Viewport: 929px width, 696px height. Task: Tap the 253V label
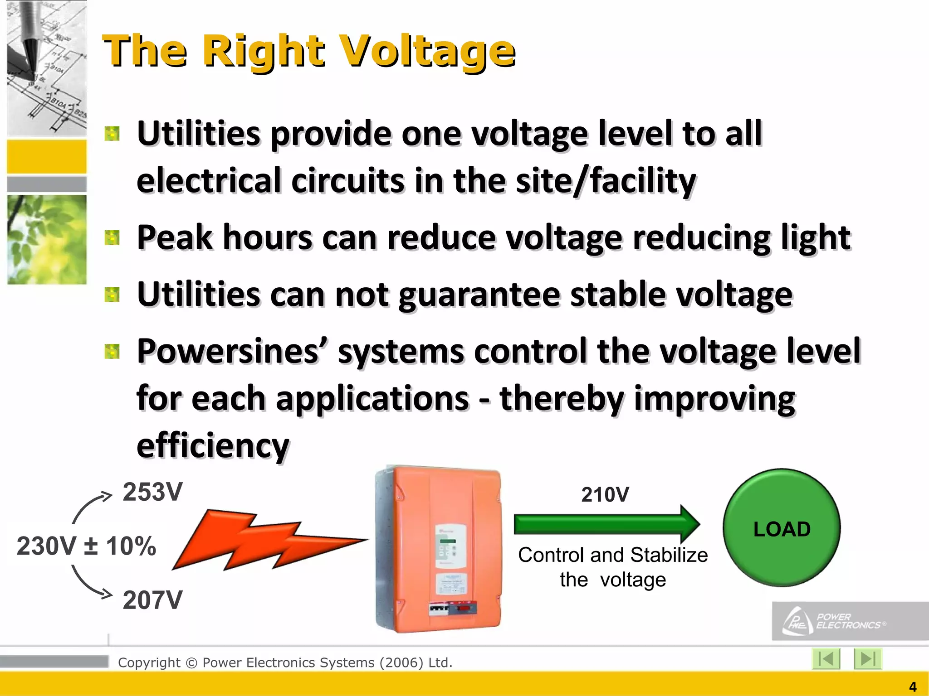(152, 492)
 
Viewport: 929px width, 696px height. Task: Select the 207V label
(152, 600)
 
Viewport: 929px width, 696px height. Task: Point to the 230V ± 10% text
(86, 546)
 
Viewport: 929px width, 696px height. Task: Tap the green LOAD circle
(781, 528)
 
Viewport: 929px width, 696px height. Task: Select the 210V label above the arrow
(605, 495)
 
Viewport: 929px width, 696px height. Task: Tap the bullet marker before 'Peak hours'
(112, 237)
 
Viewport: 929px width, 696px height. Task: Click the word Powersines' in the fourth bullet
(231, 352)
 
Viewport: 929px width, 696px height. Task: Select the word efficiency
(213, 446)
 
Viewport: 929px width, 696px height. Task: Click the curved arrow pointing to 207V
(91, 583)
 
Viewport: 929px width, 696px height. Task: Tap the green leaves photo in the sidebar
(47, 239)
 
